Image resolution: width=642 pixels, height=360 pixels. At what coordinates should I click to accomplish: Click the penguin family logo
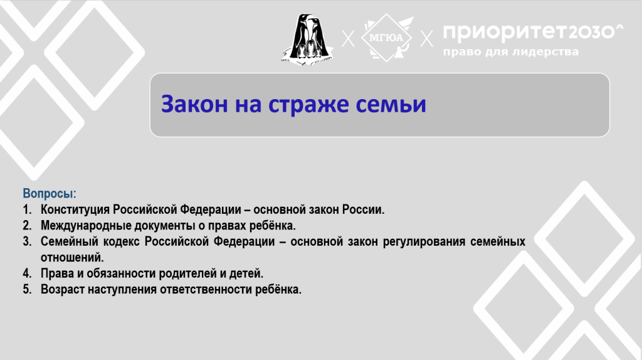(307, 40)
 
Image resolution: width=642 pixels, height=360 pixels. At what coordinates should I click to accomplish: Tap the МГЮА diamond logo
(387, 38)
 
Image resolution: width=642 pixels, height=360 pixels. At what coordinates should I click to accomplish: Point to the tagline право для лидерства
(511, 52)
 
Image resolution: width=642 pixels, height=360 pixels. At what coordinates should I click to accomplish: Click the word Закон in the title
(194, 104)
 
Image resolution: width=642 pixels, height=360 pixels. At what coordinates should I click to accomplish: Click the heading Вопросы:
(50, 193)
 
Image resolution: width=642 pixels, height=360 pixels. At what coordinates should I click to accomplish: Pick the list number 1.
(26, 209)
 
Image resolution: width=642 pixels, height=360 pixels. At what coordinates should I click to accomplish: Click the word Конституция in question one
(75, 209)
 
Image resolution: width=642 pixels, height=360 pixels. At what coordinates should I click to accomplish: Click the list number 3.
(27, 241)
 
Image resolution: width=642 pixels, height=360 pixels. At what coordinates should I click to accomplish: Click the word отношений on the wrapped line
(72, 258)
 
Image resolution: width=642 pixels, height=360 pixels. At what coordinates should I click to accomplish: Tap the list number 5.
(27, 289)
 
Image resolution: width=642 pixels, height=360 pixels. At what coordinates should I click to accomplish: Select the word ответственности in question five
(206, 290)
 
